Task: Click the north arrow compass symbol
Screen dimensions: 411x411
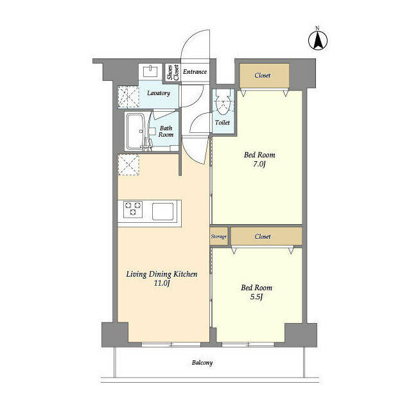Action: click(317, 39)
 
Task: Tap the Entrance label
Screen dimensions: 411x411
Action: click(195, 72)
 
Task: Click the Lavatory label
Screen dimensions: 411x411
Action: click(158, 93)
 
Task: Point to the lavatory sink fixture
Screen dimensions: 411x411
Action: click(152, 70)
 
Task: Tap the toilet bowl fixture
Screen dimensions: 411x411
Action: click(223, 103)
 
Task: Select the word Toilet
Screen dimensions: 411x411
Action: click(222, 122)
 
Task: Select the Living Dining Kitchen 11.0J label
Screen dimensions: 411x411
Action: click(161, 279)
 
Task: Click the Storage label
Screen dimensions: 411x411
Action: click(218, 237)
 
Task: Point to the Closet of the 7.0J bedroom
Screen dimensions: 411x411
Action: click(262, 76)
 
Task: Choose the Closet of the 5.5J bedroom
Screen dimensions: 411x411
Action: click(262, 236)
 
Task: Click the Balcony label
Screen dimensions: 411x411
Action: click(202, 363)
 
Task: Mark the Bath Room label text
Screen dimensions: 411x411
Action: click(166, 132)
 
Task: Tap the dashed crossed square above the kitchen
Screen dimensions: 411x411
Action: click(127, 165)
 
